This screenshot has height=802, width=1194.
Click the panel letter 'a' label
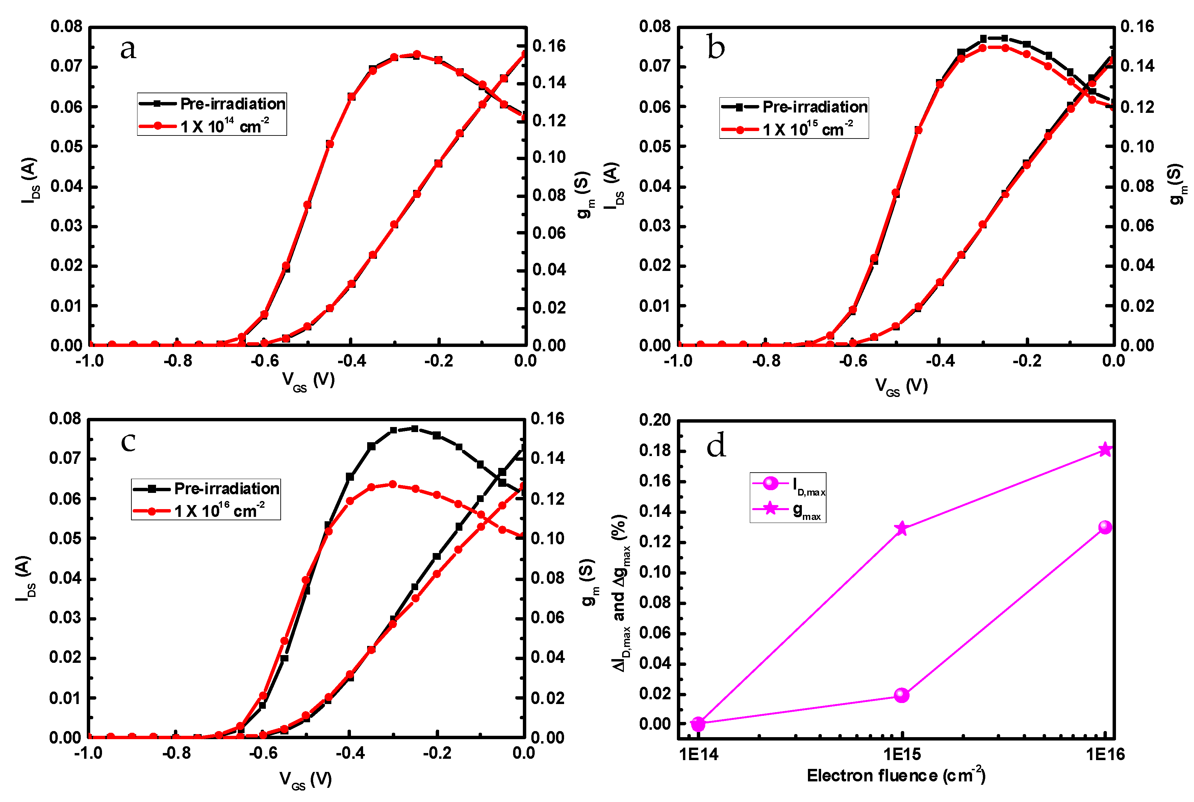coord(128,50)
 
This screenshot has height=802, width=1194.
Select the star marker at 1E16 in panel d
coord(1105,450)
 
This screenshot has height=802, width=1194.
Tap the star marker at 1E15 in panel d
coord(901,528)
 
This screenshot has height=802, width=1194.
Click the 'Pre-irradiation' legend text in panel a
coord(233,104)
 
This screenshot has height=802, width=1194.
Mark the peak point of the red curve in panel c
coord(393,484)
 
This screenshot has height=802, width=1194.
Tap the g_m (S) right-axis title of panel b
coord(1177,185)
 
